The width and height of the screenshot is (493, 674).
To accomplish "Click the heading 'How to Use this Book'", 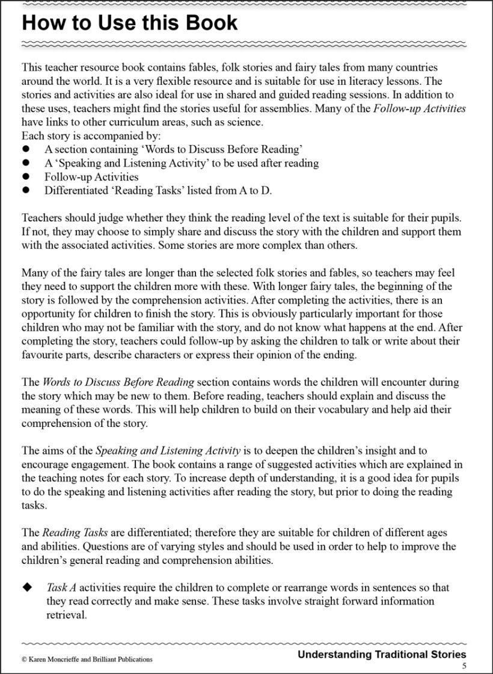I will pyautogui.click(x=129, y=23).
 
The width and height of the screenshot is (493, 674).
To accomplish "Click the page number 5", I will pyautogui.click(x=464, y=666).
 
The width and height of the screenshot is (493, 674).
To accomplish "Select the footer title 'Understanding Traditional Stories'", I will pyautogui.click(x=382, y=654).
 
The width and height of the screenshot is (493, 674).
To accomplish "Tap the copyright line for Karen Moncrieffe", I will pyautogui.click(x=87, y=659).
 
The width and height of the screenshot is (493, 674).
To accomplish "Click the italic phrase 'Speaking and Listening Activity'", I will pyautogui.click(x=168, y=450).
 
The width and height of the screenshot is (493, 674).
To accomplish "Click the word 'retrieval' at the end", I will pyautogui.click(x=67, y=615).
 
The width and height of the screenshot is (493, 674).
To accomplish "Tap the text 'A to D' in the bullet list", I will pyautogui.click(x=255, y=191).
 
